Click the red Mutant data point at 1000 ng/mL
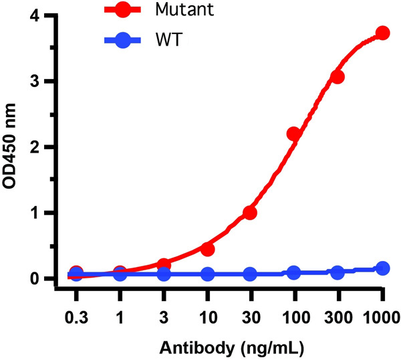coord(382,33)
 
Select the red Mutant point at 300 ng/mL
coord(338,77)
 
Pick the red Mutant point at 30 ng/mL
coord(250,213)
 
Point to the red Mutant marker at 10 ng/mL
coord(207,249)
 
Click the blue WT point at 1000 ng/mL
coord(382,268)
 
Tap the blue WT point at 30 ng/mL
coord(250,274)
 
